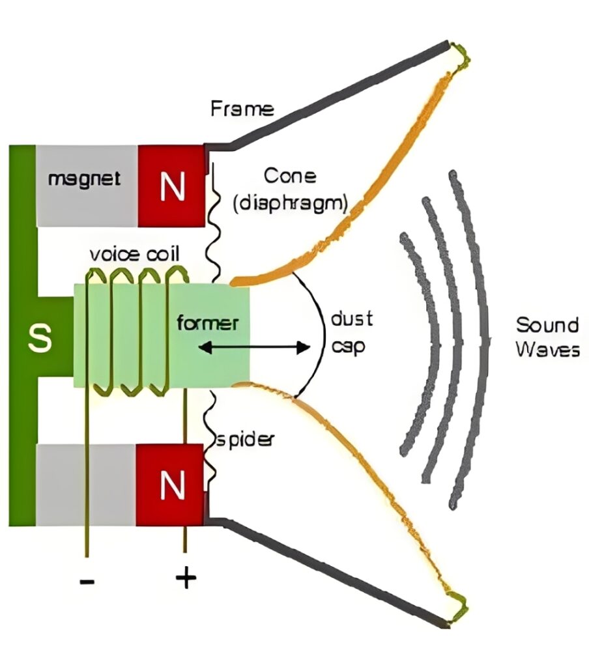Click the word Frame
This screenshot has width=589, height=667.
click(x=242, y=109)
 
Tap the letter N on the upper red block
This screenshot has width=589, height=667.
click(x=171, y=187)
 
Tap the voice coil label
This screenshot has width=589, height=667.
click(x=136, y=253)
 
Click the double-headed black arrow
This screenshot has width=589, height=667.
click(x=254, y=348)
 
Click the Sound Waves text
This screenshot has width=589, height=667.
click(x=547, y=337)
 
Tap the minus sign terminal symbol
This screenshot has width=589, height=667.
click(x=86, y=579)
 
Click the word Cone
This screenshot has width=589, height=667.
click(x=290, y=176)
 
